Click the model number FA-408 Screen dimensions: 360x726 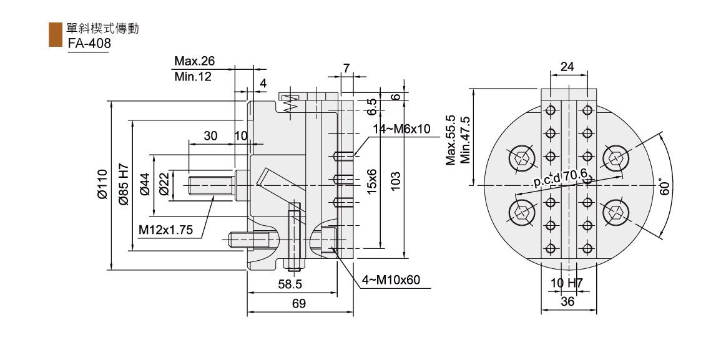(89, 43)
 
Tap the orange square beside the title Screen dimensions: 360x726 (56, 35)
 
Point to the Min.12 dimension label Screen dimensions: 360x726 (193, 77)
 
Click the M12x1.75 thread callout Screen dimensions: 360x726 (165, 230)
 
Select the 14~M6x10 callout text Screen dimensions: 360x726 (401, 129)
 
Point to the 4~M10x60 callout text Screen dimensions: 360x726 (391, 280)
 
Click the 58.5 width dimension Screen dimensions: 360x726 (290, 284)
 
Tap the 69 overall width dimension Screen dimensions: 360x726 (299, 304)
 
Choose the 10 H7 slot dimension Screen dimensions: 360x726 (567, 283)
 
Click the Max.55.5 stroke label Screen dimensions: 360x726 (451, 140)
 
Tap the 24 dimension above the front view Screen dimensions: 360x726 (567, 67)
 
